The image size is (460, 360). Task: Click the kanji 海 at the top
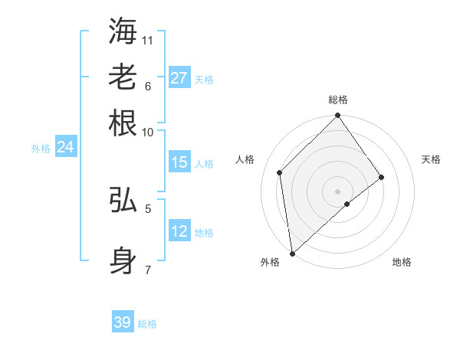pyautogui.click(x=123, y=31)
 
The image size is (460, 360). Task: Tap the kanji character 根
pyautogui.click(x=123, y=123)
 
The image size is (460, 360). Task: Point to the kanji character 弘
pyautogui.click(x=123, y=200)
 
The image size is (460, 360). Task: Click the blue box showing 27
pyautogui.click(x=179, y=78)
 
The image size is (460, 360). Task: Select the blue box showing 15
pyautogui.click(x=179, y=162)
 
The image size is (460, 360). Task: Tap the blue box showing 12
pyautogui.click(x=179, y=231)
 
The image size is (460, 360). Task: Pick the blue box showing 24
pyautogui.click(x=65, y=148)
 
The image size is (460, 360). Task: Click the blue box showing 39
pyautogui.click(x=123, y=322)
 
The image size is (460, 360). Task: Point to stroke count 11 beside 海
pyautogui.click(x=148, y=40)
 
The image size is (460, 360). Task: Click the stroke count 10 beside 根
pyautogui.click(x=148, y=132)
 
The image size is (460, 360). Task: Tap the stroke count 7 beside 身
pyautogui.click(x=148, y=270)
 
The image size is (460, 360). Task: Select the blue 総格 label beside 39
pyautogui.click(x=147, y=324)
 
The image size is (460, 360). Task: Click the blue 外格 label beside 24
pyautogui.click(x=41, y=149)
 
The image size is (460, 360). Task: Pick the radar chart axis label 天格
pyautogui.click(x=431, y=159)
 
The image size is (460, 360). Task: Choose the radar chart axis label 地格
pyautogui.click(x=402, y=262)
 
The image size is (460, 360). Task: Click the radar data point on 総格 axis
pyautogui.click(x=337, y=116)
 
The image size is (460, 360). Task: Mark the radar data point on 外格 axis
pyautogui.click(x=292, y=253)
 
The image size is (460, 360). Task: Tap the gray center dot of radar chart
pyautogui.click(x=337, y=191)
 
